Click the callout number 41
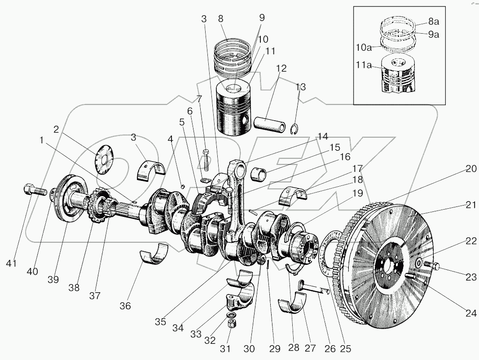coord(11,263)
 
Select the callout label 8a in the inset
coord(434,22)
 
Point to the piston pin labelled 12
coord(270,125)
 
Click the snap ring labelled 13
coord(294,129)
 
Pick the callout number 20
coord(471,168)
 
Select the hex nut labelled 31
coord(231,323)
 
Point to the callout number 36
coord(125,306)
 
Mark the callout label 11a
coord(364,65)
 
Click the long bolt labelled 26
coord(313,287)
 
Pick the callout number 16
coord(345,157)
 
